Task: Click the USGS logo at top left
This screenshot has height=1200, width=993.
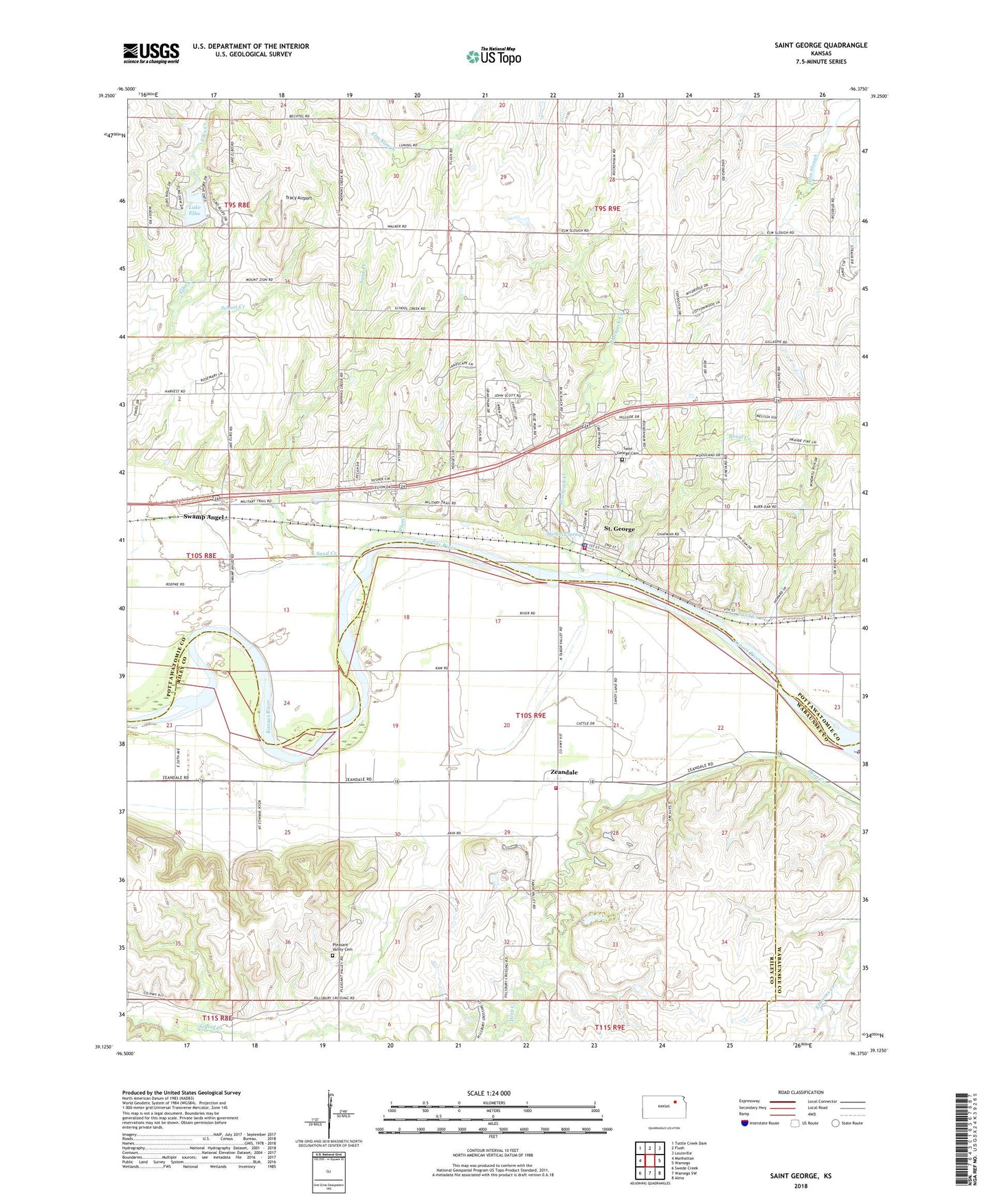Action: click(150, 53)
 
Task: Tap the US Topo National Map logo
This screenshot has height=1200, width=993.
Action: click(493, 56)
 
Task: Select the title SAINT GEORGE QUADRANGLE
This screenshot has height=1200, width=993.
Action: click(821, 45)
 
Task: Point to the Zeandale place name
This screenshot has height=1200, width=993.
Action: click(564, 773)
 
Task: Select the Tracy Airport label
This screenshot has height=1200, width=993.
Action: click(299, 198)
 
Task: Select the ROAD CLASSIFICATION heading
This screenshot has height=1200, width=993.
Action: click(801, 1092)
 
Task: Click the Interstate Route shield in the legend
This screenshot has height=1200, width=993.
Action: click(746, 1123)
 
